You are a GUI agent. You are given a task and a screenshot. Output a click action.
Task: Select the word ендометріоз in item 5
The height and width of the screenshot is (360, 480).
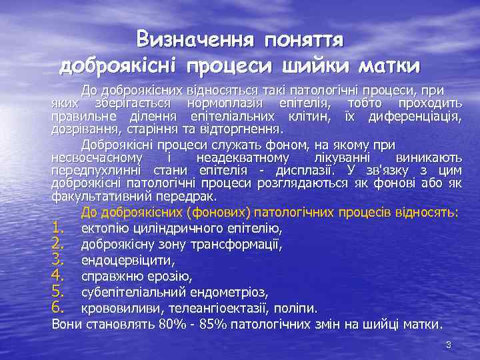(x=229, y=292)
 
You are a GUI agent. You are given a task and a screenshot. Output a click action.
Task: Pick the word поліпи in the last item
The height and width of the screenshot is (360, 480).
(x=297, y=308)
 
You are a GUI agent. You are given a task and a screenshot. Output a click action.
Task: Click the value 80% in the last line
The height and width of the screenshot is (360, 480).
(x=173, y=325)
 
